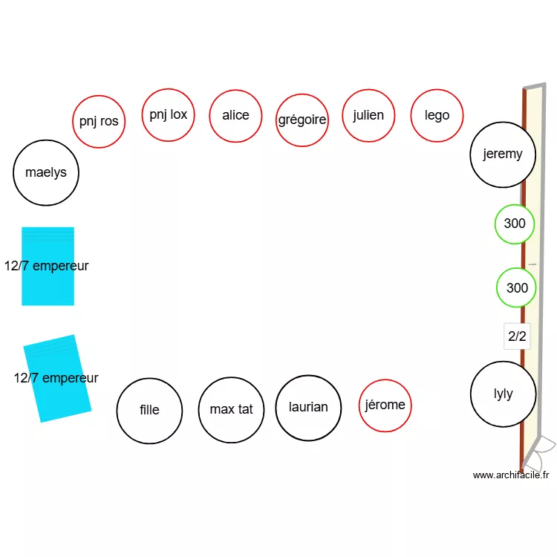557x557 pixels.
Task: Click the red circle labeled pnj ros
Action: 99,121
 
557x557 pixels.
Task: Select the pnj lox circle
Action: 168,114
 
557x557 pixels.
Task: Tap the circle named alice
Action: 235,115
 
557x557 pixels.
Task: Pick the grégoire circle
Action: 302,120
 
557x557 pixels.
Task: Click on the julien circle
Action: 368,115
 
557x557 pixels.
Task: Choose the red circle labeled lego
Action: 437,115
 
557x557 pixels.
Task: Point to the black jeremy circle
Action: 503,154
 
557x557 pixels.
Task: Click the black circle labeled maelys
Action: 46,172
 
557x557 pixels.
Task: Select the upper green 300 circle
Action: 515,224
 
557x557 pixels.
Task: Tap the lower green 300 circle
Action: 516,288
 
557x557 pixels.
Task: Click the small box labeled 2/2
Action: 517,336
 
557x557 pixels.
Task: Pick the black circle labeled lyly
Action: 503,394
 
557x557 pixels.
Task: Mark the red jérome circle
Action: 385,405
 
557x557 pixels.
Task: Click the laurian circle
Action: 307,407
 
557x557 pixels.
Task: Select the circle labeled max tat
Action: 231,409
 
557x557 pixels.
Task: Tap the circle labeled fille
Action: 149,409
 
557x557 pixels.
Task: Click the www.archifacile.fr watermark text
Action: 510,475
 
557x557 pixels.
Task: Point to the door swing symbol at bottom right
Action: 541,450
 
